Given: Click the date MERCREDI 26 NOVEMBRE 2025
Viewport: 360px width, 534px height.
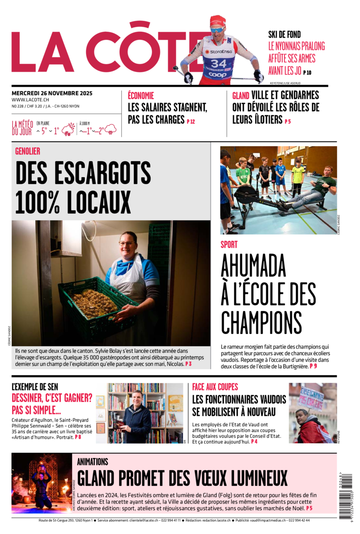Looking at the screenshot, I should (x=52, y=93).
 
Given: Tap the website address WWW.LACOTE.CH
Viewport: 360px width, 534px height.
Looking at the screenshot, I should (x=30, y=100).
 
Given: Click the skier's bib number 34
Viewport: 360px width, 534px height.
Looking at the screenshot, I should (x=218, y=63).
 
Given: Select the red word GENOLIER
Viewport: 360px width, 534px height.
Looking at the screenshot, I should (x=28, y=151).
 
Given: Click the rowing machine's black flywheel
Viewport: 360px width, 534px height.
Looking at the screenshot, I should (x=247, y=194).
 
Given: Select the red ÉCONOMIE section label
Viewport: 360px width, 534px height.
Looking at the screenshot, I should (x=141, y=96).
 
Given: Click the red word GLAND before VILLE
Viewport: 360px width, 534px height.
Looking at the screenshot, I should (x=241, y=96).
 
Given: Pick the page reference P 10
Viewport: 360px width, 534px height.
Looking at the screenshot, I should (x=307, y=72).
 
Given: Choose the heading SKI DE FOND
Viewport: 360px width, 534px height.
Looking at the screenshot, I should (x=284, y=35).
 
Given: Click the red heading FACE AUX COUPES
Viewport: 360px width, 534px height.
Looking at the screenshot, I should (x=215, y=387).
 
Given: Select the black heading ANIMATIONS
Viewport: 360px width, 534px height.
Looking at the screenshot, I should (x=93, y=462).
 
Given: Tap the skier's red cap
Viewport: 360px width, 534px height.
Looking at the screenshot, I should (x=218, y=21).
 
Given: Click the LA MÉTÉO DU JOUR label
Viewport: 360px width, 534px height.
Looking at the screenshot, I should (x=22, y=128).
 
